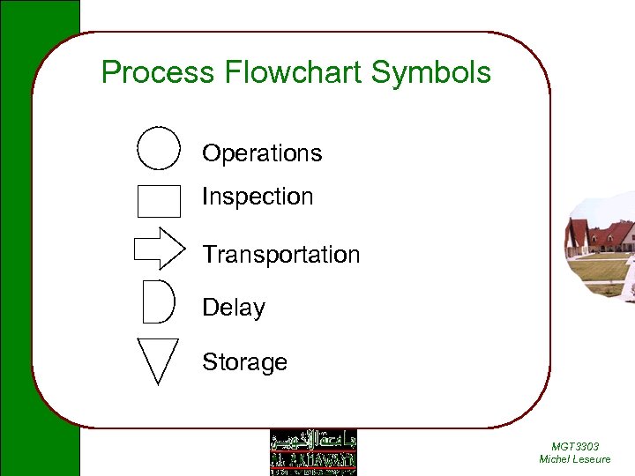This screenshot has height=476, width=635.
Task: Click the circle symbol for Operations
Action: (159, 148)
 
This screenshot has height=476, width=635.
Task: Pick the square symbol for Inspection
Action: (159, 200)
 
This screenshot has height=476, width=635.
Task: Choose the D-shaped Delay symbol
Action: (159, 301)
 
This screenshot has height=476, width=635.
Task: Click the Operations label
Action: (262, 153)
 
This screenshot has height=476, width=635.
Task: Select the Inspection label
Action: (258, 197)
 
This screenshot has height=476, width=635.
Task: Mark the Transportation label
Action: (280, 255)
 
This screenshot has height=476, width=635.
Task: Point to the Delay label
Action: (234, 308)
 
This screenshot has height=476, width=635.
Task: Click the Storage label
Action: (244, 362)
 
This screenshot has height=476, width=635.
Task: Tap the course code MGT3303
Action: (574, 447)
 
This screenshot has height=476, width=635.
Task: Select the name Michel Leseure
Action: (574, 459)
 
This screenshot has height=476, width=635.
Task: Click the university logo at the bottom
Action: (312, 452)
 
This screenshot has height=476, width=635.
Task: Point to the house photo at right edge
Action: (601, 247)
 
